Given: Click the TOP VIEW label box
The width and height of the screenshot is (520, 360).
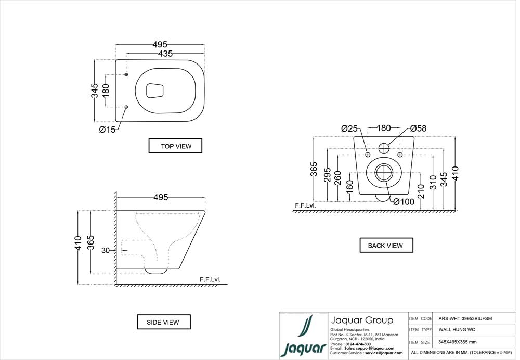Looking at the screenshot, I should (175, 146).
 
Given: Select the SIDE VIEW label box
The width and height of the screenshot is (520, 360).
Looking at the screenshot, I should (164, 322).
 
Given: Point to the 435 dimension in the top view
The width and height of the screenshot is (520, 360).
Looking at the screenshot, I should (165, 54).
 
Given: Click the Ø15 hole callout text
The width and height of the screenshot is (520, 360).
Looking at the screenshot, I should (107, 130).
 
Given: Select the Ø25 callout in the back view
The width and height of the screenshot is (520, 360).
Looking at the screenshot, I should (350, 128).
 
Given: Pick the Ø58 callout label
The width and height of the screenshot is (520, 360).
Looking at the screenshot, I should (418, 128).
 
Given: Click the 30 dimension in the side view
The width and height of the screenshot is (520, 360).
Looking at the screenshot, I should (105, 251).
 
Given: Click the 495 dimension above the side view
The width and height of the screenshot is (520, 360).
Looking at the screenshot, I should (160, 197).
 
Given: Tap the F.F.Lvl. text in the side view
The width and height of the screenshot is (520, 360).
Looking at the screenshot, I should (210, 280).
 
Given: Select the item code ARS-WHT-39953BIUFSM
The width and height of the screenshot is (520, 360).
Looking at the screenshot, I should (465, 318).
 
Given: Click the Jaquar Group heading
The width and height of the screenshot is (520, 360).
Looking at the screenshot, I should (362, 320).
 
